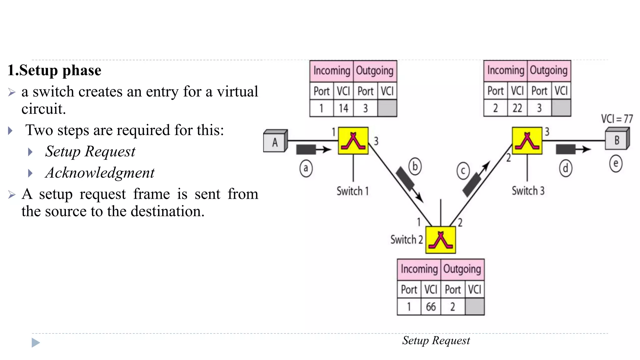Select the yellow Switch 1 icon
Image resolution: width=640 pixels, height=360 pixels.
353,141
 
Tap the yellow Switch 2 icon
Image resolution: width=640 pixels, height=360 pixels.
441,240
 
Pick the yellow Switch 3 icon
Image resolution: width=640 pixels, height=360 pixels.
527,141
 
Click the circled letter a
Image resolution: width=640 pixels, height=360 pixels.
306,168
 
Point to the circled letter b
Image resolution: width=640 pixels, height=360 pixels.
415,167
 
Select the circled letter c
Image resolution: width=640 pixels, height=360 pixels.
463,171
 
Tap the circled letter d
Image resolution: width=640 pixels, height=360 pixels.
565,168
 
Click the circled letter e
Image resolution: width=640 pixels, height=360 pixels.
616,164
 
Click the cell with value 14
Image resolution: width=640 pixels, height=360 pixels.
343,108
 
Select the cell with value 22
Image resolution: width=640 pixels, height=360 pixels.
517,108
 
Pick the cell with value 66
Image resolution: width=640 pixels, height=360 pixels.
431,307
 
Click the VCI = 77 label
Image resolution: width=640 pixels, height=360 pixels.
617,119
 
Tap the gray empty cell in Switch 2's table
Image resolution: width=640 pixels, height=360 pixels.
474,307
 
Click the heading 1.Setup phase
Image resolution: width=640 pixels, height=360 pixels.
54,70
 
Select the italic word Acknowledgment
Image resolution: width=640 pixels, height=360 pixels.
100,173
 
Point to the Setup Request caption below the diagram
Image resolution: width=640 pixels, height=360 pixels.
436,340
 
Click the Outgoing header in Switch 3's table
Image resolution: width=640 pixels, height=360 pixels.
549,71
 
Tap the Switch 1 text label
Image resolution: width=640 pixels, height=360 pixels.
352,191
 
